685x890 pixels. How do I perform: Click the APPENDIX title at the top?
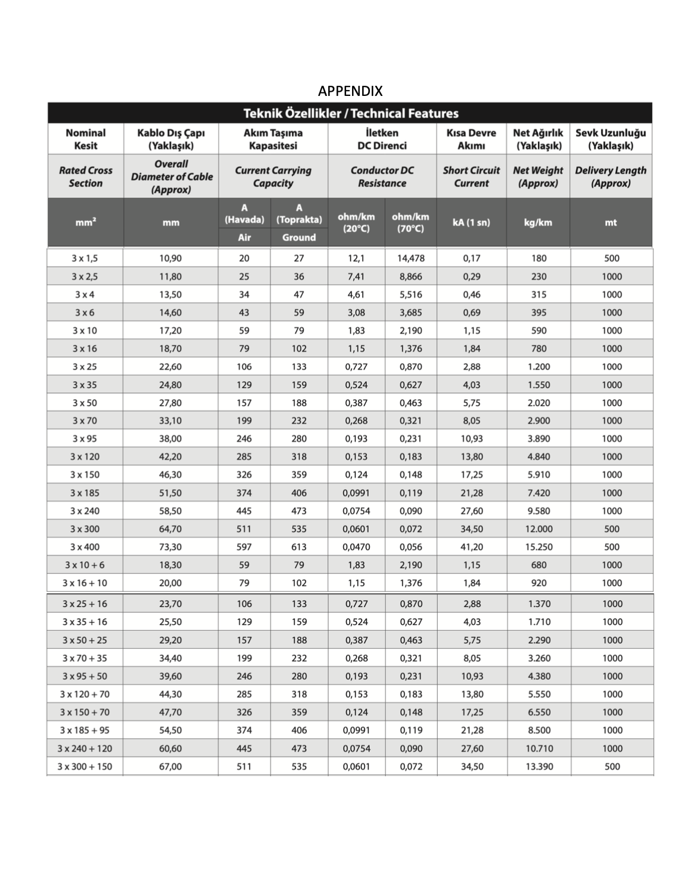coord(350,91)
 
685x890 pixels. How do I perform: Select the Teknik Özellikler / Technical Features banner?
coord(350,113)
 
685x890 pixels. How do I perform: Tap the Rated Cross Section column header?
coord(85,176)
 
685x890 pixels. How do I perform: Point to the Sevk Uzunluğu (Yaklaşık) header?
coord(611,139)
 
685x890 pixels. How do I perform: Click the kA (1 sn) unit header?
coord(471,222)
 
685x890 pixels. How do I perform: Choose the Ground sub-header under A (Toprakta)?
coord(298,237)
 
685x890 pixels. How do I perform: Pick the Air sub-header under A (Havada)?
coord(244,237)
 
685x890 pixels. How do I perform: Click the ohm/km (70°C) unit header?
coord(410,222)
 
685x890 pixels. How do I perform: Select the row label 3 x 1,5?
coord(85,258)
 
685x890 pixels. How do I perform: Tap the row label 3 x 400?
coord(85,547)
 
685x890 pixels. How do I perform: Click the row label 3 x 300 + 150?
coord(85,766)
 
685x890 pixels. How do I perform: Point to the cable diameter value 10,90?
coord(170,258)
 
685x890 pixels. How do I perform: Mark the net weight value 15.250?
coord(538,547)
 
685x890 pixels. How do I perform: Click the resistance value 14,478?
coord(410,258)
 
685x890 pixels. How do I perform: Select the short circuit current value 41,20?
coord(472,547)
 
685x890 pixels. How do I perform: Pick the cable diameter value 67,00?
coord(170,766)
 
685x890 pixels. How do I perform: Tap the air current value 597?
coord(244,547)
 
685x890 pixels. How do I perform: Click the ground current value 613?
coord(298,547)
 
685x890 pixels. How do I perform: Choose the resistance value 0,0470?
coord(356,547)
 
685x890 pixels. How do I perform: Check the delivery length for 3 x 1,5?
coord(611,258)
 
